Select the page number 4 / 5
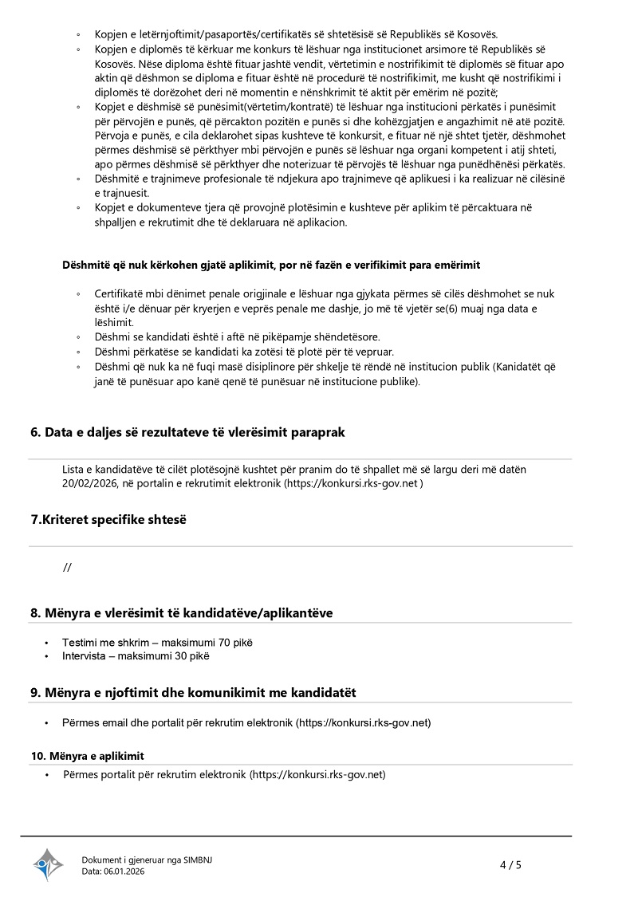[x=510, y=864]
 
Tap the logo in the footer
[x=48, y=864]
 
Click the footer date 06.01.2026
[x=124, y=871]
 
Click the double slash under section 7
[x=67, y=567]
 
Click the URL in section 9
[x=363, y=722]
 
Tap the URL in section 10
[x=317, y=774]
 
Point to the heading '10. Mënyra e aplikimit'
[x=88, y=755]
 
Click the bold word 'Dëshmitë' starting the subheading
[x=85, y=265]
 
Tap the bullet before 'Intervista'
[x=47, y=656]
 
